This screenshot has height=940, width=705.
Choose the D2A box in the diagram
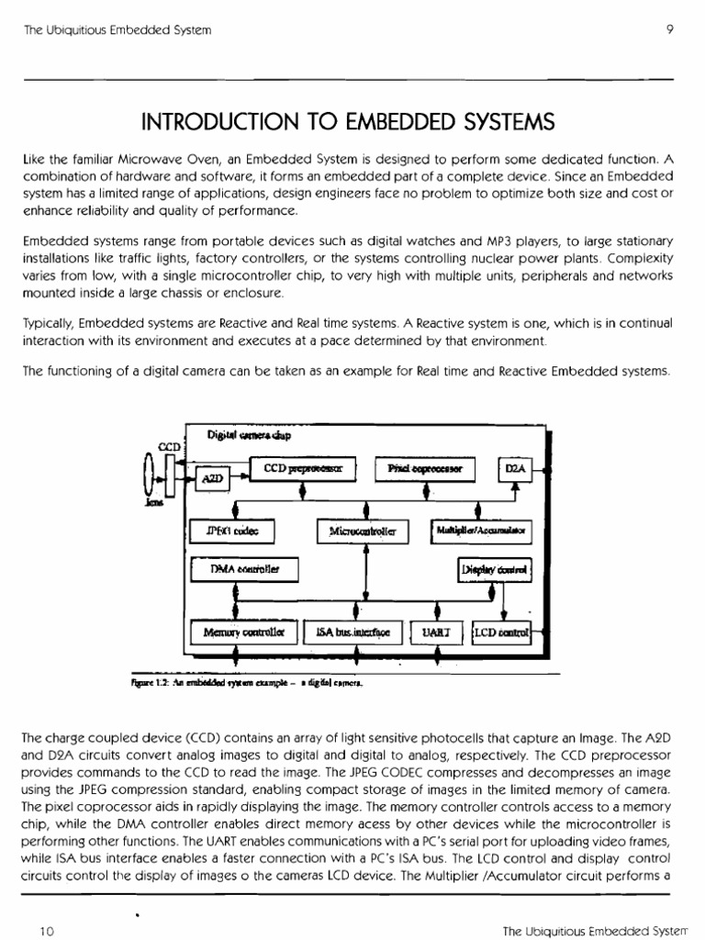[x=514, y=469]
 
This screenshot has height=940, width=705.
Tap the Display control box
[x=502, y=570]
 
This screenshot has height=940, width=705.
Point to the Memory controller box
[x=243, y=632]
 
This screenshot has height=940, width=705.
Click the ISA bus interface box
[x=352, y=632]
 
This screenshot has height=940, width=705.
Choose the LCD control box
[x=502, y=632]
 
